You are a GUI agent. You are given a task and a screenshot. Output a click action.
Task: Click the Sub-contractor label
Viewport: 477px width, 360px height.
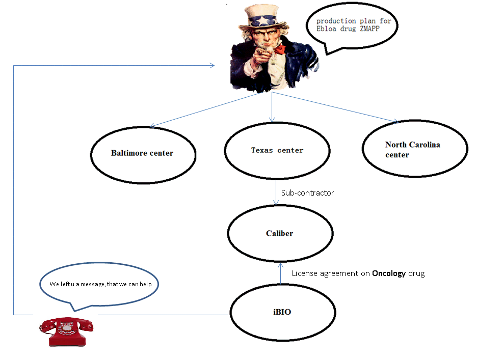307,193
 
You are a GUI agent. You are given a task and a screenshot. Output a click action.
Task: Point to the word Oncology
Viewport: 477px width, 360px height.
389,273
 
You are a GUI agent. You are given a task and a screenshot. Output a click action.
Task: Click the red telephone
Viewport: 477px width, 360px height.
66,331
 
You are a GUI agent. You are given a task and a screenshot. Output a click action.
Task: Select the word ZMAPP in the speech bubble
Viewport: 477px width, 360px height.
369,29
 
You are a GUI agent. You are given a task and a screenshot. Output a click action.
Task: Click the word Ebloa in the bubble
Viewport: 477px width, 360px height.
326,29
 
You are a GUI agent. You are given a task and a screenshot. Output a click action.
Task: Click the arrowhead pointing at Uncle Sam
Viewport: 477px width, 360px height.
212,65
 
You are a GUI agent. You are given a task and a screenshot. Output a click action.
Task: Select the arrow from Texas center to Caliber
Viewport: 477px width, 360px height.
276,192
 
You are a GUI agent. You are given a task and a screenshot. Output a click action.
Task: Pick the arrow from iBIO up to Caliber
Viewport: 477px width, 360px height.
280,273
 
